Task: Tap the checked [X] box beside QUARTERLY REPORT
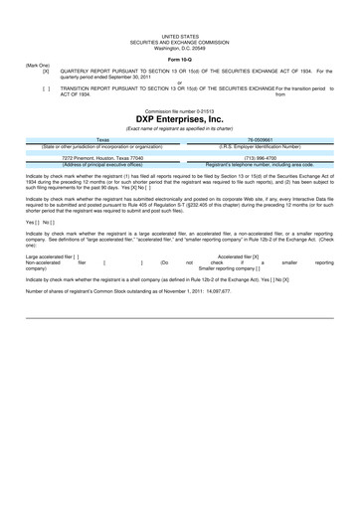tap(46, 71)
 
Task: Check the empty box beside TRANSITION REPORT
tap(46, 88)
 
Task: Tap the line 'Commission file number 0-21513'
tap(180, 109)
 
